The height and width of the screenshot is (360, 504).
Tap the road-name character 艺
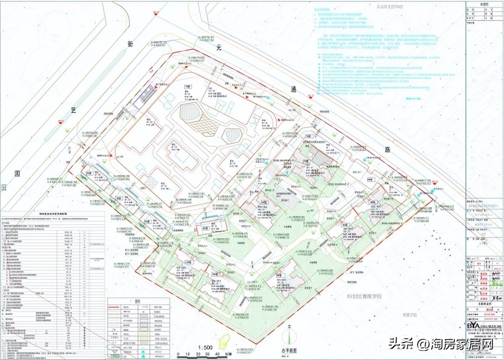(72, 110)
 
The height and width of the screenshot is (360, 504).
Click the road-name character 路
(387, 149)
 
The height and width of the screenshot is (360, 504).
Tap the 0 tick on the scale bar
(177, 354)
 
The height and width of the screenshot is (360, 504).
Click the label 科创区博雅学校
(363, 297)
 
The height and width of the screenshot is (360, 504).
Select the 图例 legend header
(138, 301)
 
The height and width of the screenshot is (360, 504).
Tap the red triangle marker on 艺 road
(60, 122)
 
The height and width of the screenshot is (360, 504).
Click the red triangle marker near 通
(311, 97)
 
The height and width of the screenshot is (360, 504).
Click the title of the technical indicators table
(53, 212)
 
